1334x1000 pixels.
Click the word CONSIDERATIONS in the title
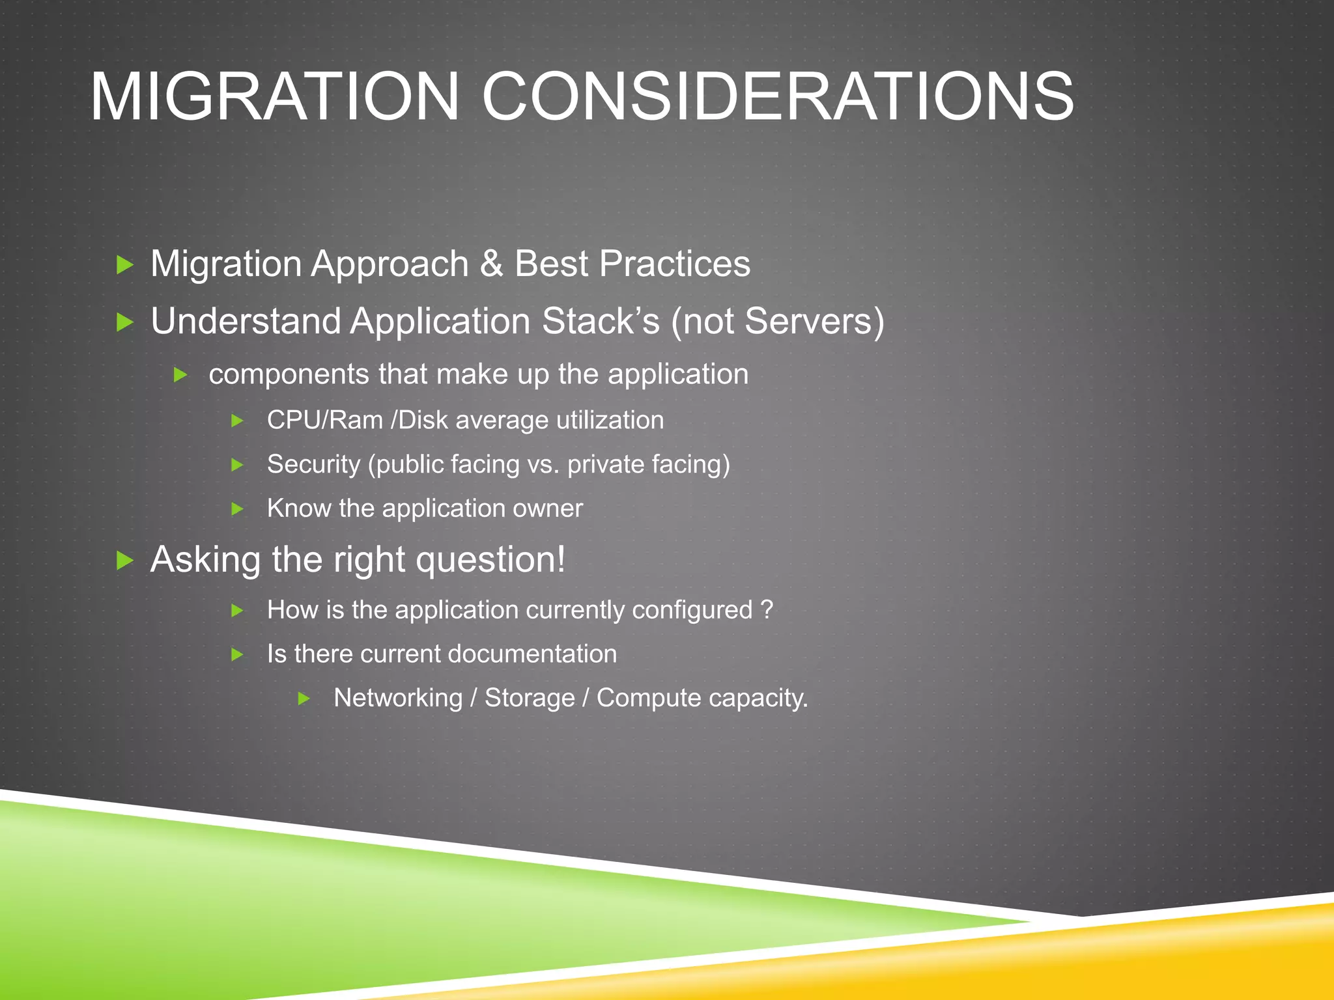tap(778, 98)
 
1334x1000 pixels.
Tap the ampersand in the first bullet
tap(492, 264)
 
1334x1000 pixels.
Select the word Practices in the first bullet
tap(674, 264)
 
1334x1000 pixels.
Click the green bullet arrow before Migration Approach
tap(124, 265)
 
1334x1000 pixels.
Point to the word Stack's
tap(601, 322)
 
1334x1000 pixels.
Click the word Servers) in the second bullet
tap(814, 322)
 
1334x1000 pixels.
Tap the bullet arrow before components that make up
tap(180, 375)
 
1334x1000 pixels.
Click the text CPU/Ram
tap(324, 421)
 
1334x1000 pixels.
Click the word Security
tap(313, 465)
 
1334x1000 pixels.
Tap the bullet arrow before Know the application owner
tap(238, 509)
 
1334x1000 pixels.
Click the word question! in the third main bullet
tap(490, 561)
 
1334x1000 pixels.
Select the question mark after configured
tap(767, 610)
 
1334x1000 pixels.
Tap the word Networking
tap(397, 698)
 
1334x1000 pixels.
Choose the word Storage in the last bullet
tap(530, 698)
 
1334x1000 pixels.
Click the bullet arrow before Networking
tap(304, 699)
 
